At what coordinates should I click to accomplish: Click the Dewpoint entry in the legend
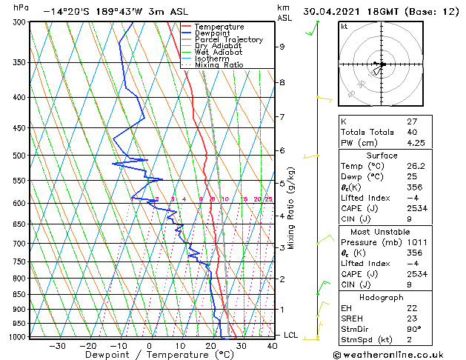point(210,33)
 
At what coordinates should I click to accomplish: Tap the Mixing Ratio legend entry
point(219,65)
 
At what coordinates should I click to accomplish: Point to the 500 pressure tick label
point(19,156)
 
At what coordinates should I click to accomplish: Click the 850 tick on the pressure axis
point(19,294)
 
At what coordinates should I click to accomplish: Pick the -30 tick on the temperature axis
point(57,346)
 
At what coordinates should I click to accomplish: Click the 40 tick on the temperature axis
point(273,346)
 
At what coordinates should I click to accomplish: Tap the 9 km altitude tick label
point(282,47)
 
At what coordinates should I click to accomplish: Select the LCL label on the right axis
point(290,335)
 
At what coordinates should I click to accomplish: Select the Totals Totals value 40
point(412,132)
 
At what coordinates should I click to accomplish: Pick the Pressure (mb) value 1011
point(417,241)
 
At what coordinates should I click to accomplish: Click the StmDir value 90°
point(414,329)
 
